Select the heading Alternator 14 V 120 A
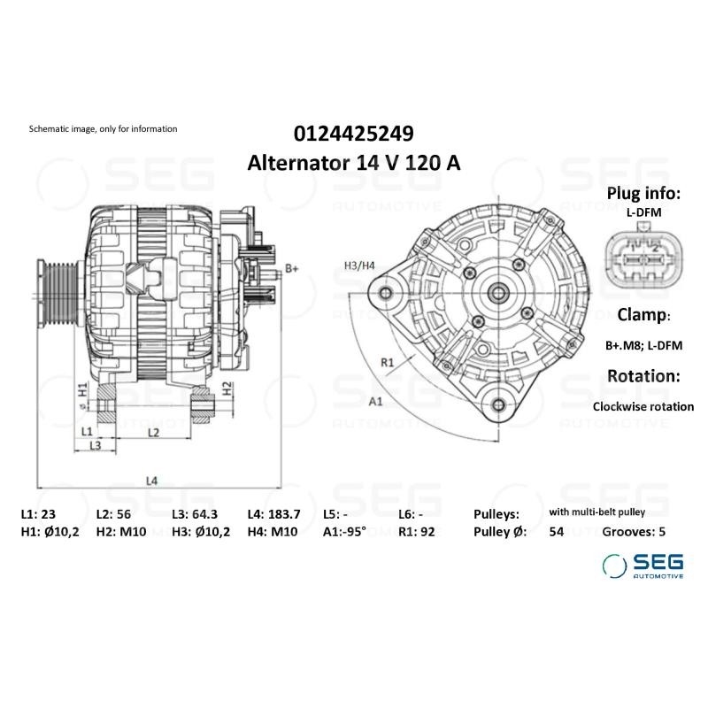pos(353,164)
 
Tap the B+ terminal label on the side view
pos(292,268)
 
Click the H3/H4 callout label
pos(358,265)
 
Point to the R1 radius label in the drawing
pos(388,362)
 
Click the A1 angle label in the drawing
pos(375,401)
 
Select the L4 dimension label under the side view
pos(152,481)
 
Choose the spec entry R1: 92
pos(418,532)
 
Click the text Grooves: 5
pos(633,532)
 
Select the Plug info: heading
pos(643,194)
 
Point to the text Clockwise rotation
pos(643,407)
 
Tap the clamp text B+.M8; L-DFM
pos(643,345)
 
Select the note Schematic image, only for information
pos(104,129)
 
